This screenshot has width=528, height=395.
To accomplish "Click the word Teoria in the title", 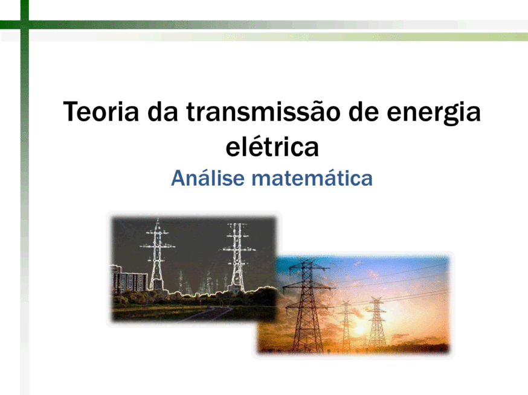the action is pos(101,112).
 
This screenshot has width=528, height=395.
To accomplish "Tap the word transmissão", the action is pos(263,112).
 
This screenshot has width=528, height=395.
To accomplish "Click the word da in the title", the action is pos(163,112).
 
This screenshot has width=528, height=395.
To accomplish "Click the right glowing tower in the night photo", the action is pos(237,257).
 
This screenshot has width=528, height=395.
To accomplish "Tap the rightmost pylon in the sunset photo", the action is pos(376,323).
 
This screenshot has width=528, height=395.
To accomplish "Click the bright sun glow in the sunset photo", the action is pos(359,329).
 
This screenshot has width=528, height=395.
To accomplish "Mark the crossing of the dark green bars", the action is pos(24,25).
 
